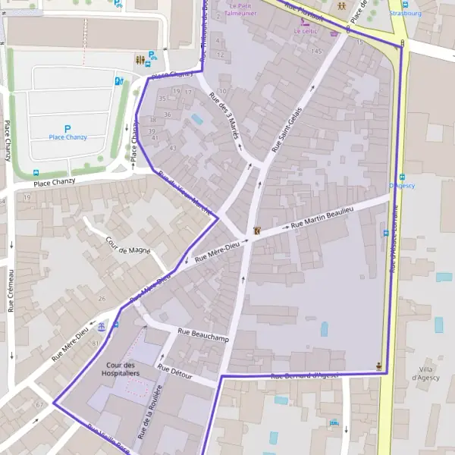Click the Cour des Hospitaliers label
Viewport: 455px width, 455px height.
click(121, 369)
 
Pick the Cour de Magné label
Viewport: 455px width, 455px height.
click(128, 245)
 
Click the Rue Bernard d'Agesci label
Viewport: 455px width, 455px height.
click(304, 375)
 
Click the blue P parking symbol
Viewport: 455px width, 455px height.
click(67, 129)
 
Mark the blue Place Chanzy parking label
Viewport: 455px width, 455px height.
click(67, 137)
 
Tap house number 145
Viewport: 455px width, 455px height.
click(316, 51)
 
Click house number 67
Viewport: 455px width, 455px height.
click(39, 405)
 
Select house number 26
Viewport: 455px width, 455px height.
click(102, 298)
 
